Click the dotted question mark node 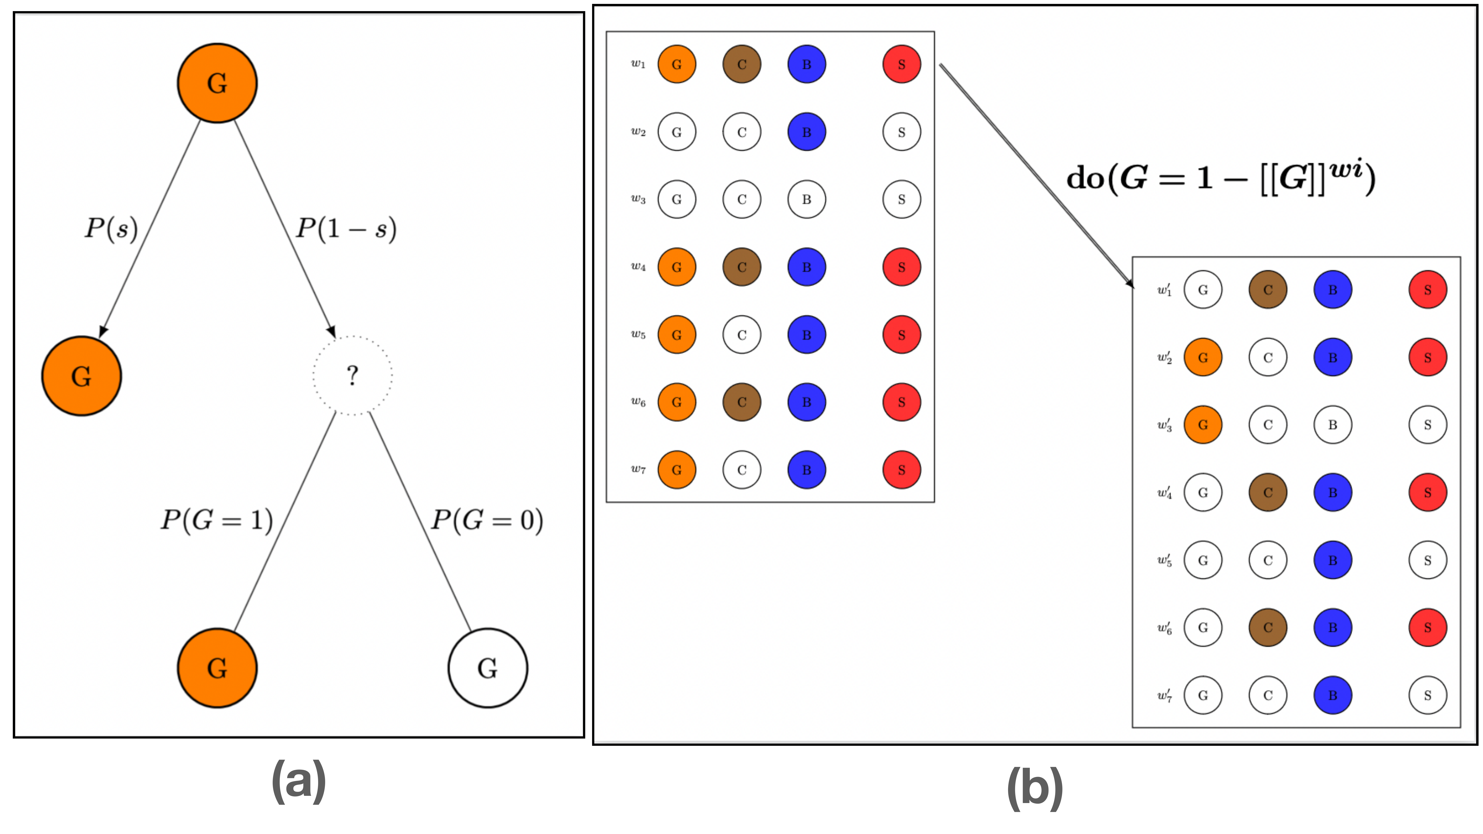352,375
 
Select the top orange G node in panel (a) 217,83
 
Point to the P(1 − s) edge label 346,229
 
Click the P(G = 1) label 217,520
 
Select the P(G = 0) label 487,520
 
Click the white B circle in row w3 807,199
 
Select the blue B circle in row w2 807,132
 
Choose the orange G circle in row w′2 1203,358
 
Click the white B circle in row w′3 1333,425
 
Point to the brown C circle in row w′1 1268,289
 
